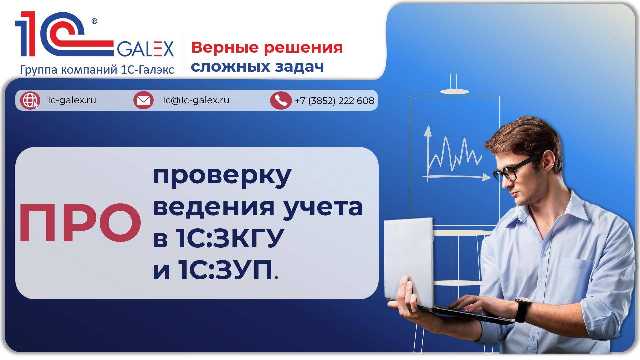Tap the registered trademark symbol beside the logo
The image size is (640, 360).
pyautogui.click(x=94, y=21)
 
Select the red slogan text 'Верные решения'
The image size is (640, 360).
pyautogui.click(x=267, y=47)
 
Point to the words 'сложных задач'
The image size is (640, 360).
pyautogui.click(x=257, y=67)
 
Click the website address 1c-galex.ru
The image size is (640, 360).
pyautogui.click(x=72, y=100)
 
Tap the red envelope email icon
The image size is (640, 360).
pyautogui.click(x=143, y=100)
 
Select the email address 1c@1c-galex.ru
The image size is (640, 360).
pyautogui.click(x=196, y=100)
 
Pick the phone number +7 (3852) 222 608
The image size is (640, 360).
pyautogui.click(x=334, y=100)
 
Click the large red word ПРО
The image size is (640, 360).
pyautogui.click(x=80, y=223)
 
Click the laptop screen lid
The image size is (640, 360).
pyautogui.click(x=409, y=260)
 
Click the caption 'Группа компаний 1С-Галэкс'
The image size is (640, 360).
pyautogui.click(x=97, y=70)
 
